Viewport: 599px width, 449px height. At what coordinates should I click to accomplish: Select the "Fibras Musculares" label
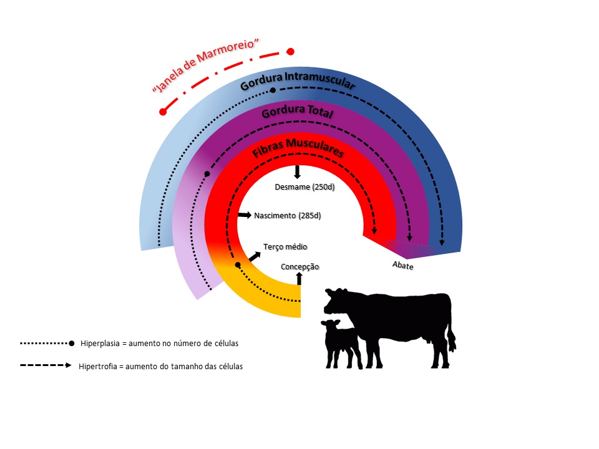point(298,152)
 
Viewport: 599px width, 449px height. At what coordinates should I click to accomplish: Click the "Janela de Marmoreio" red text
point(205,65)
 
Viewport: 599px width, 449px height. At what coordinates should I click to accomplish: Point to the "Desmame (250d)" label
point(304,187)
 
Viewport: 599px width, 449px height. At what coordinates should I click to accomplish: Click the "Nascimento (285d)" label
point(287,216)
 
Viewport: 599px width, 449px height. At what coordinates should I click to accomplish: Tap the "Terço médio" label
point(285,247)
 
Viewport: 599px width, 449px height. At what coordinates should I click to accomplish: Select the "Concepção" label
point(299,267)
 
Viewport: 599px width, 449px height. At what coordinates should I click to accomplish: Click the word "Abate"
point(403,265)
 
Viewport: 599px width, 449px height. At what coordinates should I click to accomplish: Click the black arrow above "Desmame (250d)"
point(298,172)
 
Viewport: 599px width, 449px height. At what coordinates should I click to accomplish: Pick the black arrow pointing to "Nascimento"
point(244,215)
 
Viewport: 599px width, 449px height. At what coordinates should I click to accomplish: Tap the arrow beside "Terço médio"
point(255,256)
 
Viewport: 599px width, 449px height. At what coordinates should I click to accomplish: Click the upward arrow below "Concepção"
point(299,278)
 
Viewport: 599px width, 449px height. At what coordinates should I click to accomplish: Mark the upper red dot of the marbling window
point(290,52)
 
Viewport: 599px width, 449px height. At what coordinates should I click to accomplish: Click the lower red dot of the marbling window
point(163,112)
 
